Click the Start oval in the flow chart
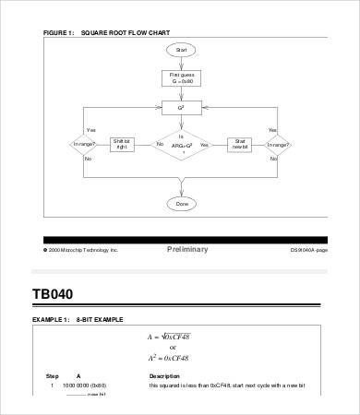coord(181,50)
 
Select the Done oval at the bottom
coord(181,203)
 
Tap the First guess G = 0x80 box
coord(181,79)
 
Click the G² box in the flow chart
coord(181,109)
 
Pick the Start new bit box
coord(240,144)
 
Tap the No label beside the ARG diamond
coord(160,145)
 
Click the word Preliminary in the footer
coord(187,250)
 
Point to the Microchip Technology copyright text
coord(82,250)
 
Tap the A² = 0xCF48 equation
coord(182,358)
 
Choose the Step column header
coord(52,375)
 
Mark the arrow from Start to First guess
coord(181,63)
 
